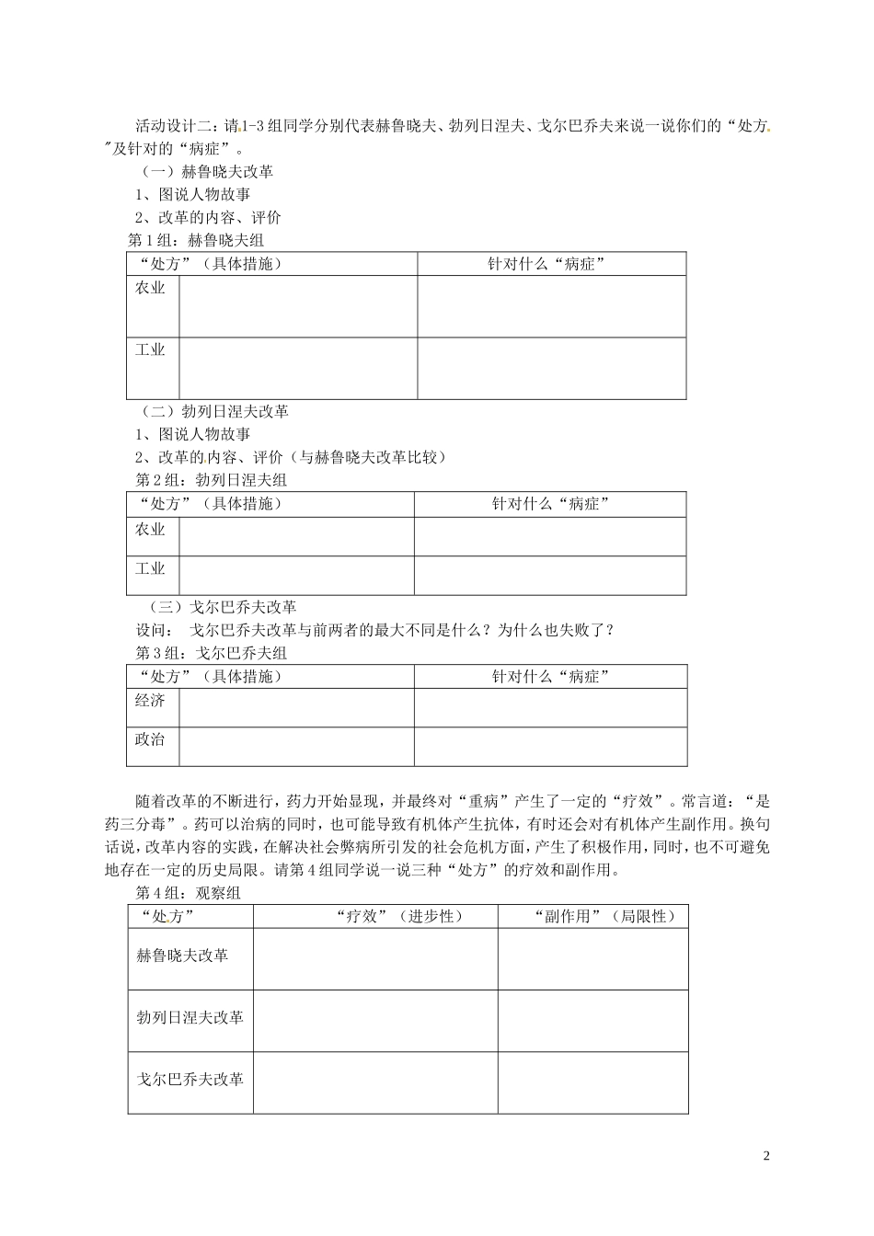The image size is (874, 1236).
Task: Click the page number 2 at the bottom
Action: point(766,1155)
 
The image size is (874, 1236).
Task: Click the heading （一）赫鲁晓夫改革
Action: point(207,171)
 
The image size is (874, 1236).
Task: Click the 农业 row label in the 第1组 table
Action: point(150,288)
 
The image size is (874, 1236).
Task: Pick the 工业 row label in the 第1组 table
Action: point(150,349)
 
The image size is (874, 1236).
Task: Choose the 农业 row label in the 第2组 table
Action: point(150,529)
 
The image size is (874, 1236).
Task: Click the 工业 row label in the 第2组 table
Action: point(150,568)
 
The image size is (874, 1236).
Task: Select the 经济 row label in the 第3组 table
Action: point(150,700)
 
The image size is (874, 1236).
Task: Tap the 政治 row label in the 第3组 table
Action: point(150,739)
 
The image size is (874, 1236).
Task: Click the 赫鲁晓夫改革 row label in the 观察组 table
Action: point(182,956)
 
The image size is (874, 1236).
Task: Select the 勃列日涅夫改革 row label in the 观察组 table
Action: point(190,1017)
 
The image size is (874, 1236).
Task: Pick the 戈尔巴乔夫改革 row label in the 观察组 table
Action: point(190,1079)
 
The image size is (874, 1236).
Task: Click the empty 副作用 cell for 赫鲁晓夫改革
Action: point(592,959)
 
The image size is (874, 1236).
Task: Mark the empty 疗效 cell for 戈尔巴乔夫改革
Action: point(375,1082)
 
